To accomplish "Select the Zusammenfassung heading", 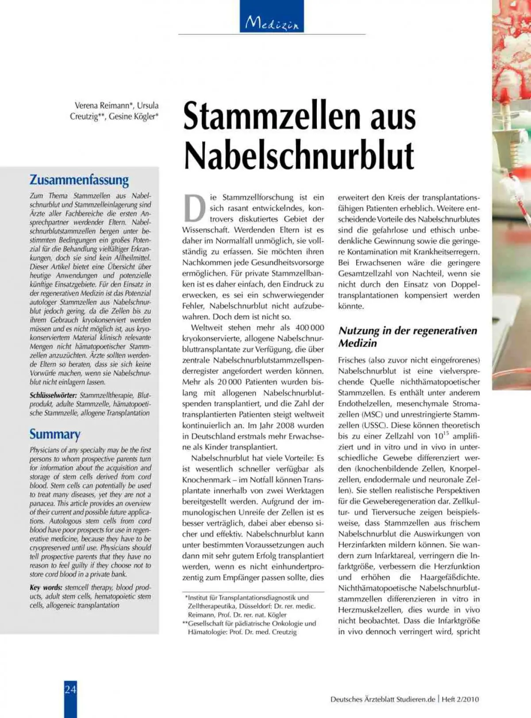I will tap(79, 180).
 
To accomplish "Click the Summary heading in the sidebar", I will tap(55, 434).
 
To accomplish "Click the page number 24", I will tap(70, 689).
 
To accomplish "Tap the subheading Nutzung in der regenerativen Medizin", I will tap(408, 337).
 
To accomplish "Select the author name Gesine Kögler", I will tap(133, 117).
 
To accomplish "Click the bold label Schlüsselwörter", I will tap(53, 395).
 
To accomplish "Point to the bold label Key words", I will tap(46, 587).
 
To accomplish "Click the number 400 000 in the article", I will tap(310, 328).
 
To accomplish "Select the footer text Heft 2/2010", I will tap(461, 699).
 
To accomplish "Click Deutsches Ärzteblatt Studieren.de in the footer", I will tap(383, 699).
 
